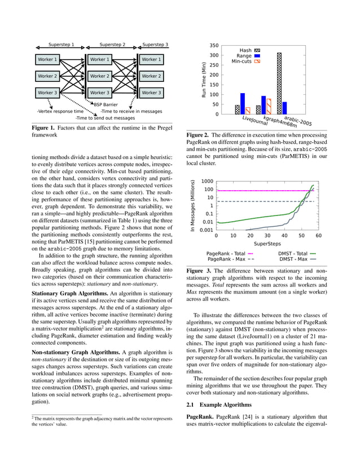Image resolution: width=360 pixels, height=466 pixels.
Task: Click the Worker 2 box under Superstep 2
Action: (x=99, y=76)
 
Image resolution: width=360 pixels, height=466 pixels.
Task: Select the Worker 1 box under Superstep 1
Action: (x=47, y=59)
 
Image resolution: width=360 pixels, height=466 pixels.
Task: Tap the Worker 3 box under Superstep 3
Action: (x=151, y=93)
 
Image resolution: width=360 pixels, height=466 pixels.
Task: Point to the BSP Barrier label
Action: (x=106, y=104)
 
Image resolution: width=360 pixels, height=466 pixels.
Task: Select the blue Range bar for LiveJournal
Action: (x=243, y=104)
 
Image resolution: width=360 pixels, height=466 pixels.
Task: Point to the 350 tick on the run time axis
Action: (x=214, y=45)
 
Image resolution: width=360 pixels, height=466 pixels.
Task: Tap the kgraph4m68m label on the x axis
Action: (x=280, y=122)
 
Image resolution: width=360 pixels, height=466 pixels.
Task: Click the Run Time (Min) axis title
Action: (x=204, y=80)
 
